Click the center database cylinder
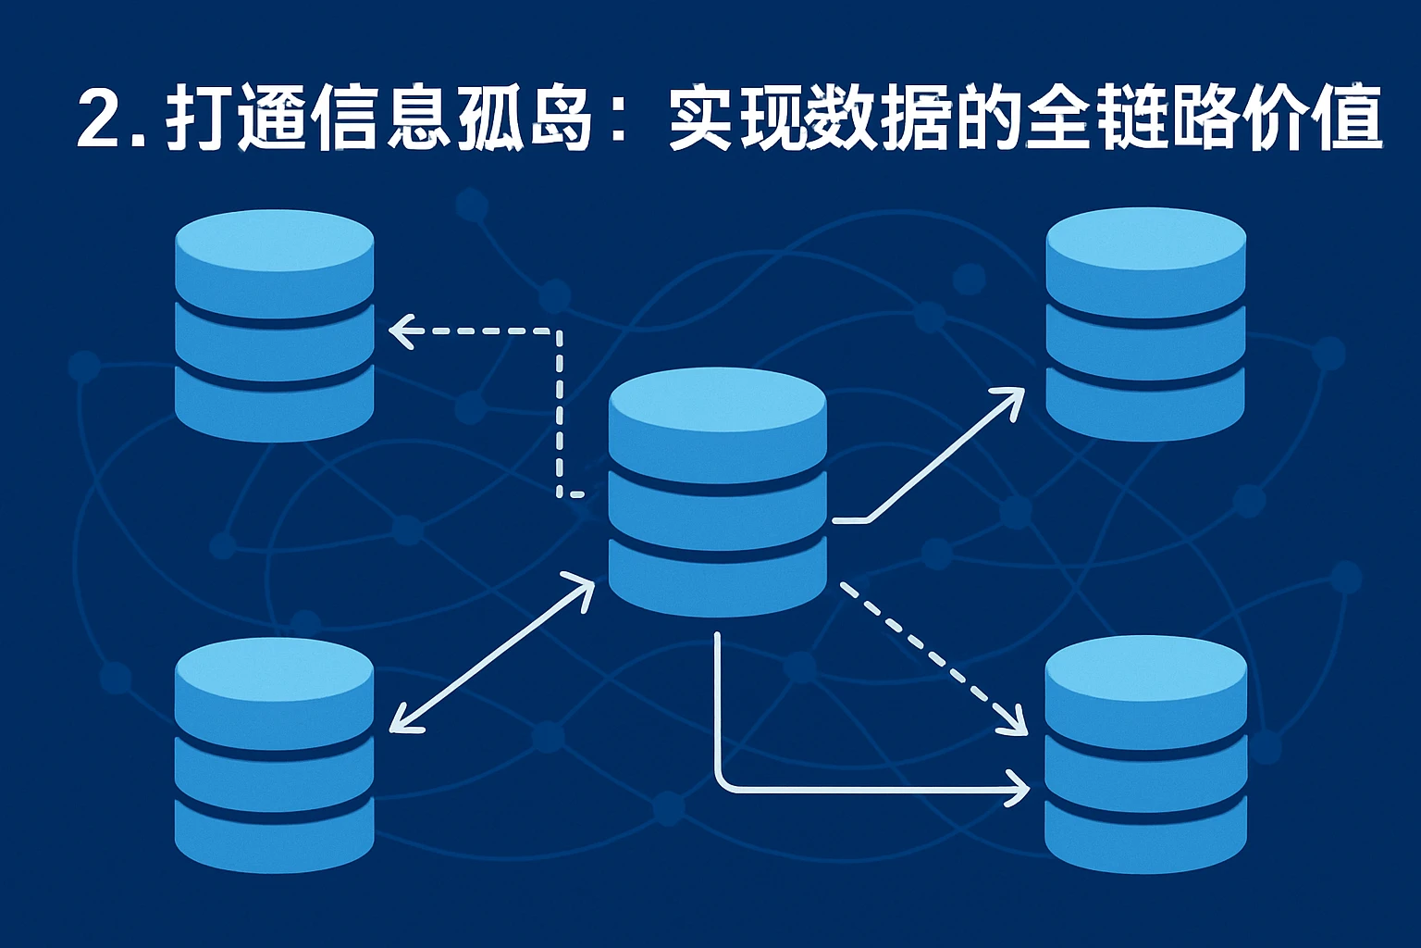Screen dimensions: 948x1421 [x=717, y=491]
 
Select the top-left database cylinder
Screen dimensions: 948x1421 [x=274, y=324]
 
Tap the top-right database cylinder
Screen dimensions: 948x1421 [x=1145, y=324]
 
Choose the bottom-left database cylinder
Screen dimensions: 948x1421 [x=274, y=755]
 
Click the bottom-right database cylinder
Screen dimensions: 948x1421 [x=1145, y=755]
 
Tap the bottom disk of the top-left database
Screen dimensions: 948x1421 [x=274, y=403]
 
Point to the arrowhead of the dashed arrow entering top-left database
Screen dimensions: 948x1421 [x=398, y=331]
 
